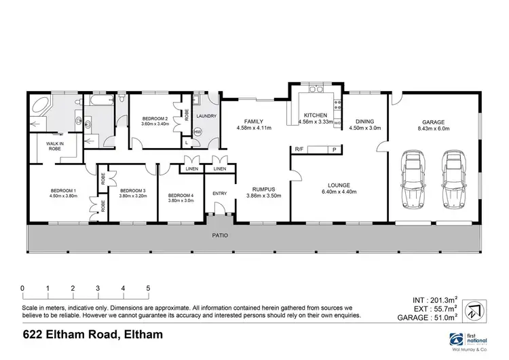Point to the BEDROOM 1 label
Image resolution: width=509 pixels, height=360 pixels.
click(x=63, y=190)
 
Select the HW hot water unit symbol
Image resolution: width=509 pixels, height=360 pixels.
click(x=198, y=132)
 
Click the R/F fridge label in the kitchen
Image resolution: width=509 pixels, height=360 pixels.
click(x=299, y=149)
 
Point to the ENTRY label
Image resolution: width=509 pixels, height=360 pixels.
click(x=220, y=194)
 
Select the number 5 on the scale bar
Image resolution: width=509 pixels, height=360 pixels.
click(x=148, y=288)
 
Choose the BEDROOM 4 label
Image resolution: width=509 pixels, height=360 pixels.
click(x=181, y=196)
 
